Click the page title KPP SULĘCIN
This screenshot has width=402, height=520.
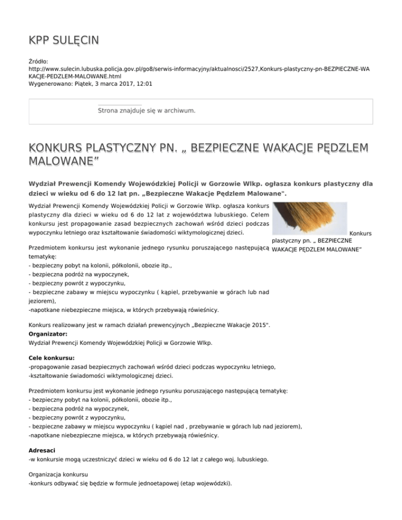[63, 40]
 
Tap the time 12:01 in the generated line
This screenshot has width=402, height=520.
[146, 84]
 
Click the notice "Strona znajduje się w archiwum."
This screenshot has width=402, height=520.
[147, 111]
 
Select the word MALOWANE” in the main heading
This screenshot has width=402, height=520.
[63, 159]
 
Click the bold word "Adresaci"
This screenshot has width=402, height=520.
[43, 449]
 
